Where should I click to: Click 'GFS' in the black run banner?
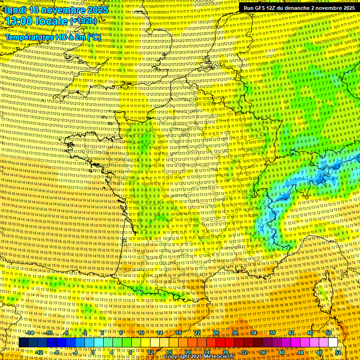(263, 8)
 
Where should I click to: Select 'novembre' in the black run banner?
(329, 8)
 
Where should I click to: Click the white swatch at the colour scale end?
(333, 343)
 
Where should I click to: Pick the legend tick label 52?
(338, 352)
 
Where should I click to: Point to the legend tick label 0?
(93, 352)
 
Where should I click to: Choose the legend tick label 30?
(234, 333)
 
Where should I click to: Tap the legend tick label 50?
(329, 333)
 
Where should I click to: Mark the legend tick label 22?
(197, 333)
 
